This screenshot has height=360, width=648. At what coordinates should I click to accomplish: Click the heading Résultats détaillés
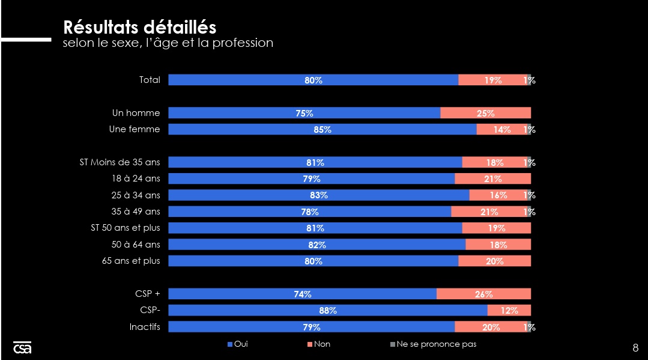140,27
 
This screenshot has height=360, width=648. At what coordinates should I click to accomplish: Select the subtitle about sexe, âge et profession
168,43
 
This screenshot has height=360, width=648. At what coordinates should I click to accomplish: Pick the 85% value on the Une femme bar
322,130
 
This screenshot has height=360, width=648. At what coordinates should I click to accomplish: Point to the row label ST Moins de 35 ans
120,162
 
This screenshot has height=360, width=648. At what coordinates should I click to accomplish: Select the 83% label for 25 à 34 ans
319,195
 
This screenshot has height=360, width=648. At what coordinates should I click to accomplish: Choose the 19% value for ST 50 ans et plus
497,228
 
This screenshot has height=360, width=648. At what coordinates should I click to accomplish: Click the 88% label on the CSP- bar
328,311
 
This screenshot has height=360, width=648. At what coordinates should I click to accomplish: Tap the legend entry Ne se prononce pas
434,344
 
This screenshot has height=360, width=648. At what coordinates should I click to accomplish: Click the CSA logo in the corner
22,347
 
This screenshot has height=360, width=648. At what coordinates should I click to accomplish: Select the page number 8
635,347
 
